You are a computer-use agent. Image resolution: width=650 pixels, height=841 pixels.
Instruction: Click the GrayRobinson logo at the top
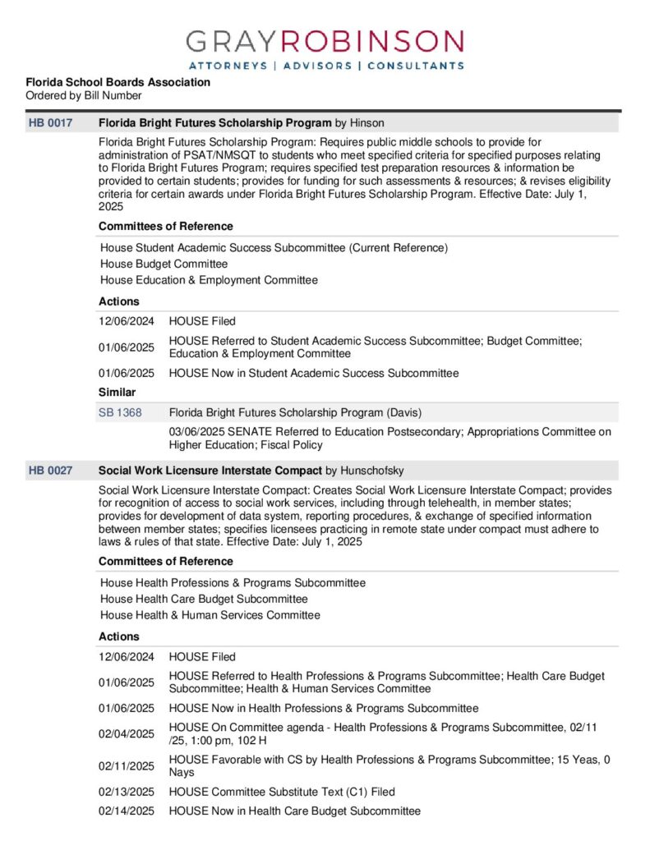325,43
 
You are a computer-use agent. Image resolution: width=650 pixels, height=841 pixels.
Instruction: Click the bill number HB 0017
50,123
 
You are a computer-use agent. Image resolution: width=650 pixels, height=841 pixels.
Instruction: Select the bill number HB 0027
50,471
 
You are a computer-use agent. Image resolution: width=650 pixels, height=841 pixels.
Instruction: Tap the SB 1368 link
120,412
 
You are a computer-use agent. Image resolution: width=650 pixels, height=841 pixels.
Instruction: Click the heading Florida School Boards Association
118,82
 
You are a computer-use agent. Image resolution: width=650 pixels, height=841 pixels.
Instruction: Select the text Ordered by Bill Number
83,95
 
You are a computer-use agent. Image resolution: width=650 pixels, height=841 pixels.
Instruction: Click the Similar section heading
117,393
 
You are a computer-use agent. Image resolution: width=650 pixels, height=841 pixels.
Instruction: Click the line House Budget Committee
164,264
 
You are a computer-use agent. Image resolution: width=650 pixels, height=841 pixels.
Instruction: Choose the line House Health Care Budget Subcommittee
204,599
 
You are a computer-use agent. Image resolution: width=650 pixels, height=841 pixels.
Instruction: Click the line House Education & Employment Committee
209,280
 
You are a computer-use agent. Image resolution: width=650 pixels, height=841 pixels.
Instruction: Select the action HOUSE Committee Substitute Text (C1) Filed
282,792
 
